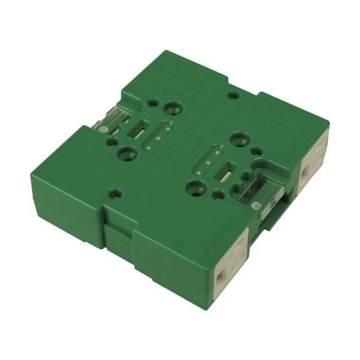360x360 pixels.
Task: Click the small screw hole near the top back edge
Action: (234, 94)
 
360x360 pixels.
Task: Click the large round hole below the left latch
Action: (128, 154)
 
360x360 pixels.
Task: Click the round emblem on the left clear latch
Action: (103, 129)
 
